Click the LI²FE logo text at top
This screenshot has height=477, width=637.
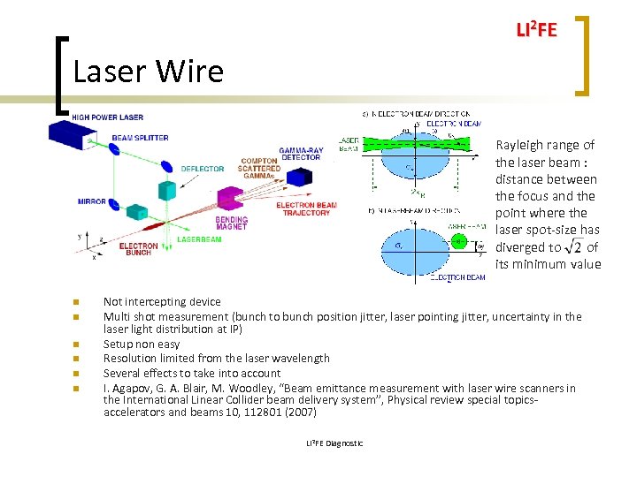(x=536, y=30)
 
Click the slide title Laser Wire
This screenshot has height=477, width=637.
(x=149, y=71)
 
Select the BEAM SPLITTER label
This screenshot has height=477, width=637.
(x=140, y=138)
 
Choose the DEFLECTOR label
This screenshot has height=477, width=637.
(x=203, y=169)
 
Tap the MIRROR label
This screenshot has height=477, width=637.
(x=92, y=201)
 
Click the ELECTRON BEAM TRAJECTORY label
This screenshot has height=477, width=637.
(x=306, y=209)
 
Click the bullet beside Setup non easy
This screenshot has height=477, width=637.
(x=77, y=344)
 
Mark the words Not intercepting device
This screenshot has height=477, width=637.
(x=162, y=302)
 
